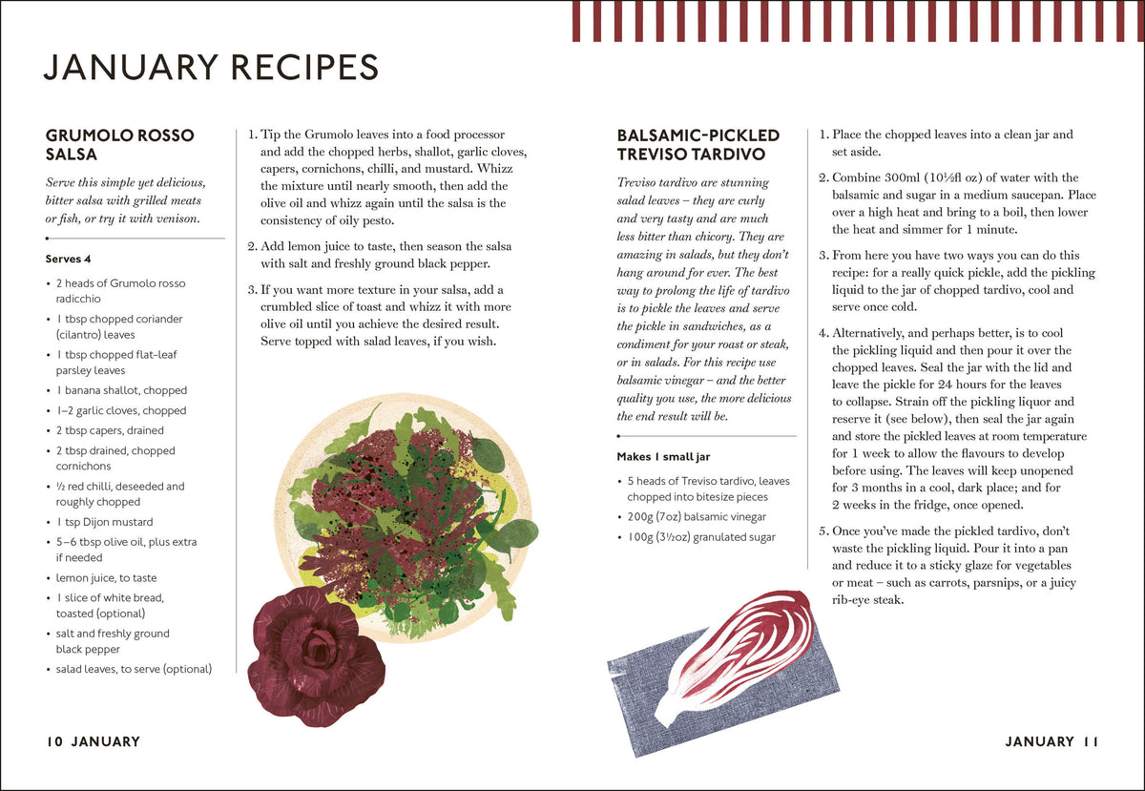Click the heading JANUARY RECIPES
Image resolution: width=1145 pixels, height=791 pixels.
(x=211, y=67)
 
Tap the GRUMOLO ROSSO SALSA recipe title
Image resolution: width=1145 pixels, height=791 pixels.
(x=119, y=145)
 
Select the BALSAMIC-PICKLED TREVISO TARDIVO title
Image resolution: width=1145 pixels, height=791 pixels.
(x=697, y=145)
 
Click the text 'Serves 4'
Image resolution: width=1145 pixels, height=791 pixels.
(x=68, y=259)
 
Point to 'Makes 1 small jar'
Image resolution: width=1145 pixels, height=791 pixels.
(x=663, y=457)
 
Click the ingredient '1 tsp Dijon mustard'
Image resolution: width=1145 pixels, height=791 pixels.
(x=104, y=522)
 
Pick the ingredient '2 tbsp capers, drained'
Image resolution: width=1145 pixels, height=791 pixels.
(x=110, y=430)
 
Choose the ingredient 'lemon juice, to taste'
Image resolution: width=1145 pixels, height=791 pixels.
(x=106, y=578)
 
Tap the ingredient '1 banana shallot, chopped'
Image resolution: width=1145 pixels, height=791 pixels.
(x=122, y=390)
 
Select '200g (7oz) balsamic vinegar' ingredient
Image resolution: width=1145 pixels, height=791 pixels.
(x=697, y=517)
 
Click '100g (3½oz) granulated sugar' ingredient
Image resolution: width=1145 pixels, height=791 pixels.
(x=701, y=537)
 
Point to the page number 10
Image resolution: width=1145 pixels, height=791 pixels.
(x=54, y=741)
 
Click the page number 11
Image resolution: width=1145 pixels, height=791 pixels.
(x=1090, y=741)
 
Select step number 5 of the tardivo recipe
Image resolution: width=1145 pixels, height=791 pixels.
(x=822, y=531)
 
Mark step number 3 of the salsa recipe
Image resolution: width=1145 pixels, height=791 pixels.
(x=252, y=290)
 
